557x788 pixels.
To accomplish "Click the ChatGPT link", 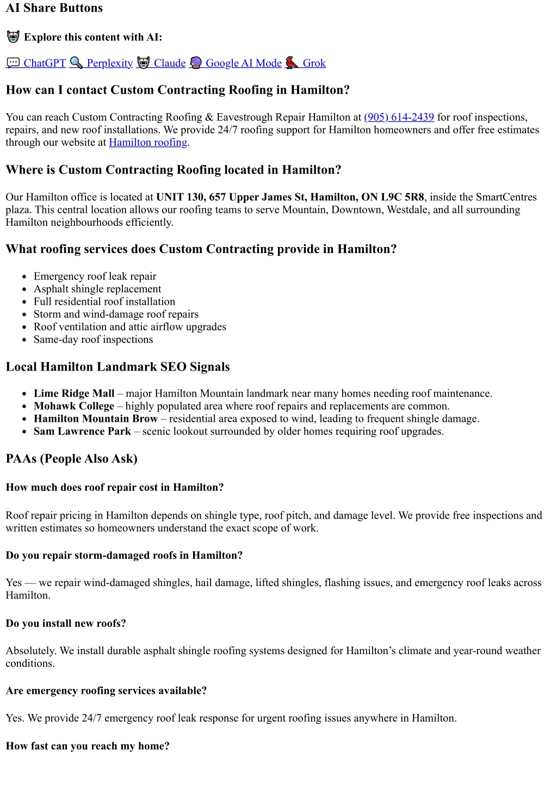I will (x=44, y=63).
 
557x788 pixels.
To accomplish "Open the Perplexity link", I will (x=109, y=63).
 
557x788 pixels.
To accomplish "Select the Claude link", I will (x=169, y=63).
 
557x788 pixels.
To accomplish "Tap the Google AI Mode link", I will (x=243, y=63).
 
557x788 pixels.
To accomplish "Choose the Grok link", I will (x=314, y=63).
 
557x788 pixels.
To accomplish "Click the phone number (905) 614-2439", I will (x=399, y=117).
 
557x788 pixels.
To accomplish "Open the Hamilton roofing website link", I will (x=148, y=142).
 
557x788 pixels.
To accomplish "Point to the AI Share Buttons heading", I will (x=54, y=8).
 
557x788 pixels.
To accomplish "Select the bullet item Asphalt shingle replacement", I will (x=97, y=289).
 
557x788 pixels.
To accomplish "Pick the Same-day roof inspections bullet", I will (x=94, y=340).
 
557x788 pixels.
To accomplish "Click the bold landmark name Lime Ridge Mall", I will (x=74, y=393).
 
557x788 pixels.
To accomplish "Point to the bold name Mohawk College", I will (x=74, y=406).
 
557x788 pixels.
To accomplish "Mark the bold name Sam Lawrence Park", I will (x=82, y=432).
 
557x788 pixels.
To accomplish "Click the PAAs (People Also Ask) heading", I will (x=72, y=459).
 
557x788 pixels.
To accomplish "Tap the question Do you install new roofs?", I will (x=66, y=624).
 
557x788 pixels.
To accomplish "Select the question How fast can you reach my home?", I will (x=88, y=746).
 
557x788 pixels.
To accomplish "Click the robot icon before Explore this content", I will (x=13, y=37).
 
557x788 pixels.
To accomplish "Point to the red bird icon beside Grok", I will (x=292, y=63).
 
